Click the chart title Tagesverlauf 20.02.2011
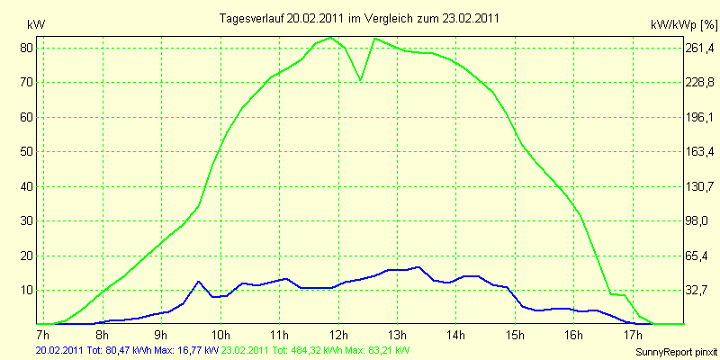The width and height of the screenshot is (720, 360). (x=360, y=18)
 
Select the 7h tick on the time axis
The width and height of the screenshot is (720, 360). (x=42, y=337)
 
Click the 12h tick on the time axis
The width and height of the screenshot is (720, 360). (x=338, y=337)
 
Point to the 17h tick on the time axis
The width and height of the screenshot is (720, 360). (x=634, y=337)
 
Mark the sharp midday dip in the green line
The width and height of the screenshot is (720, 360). (x=361, y=80)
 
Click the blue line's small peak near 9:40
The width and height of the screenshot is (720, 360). (x=199, y=282)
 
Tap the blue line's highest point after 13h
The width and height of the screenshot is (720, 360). (x=419, y=266)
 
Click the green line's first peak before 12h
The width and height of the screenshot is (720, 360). (x=331, y=38)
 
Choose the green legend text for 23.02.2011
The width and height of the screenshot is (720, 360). (x=316, y=350)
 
